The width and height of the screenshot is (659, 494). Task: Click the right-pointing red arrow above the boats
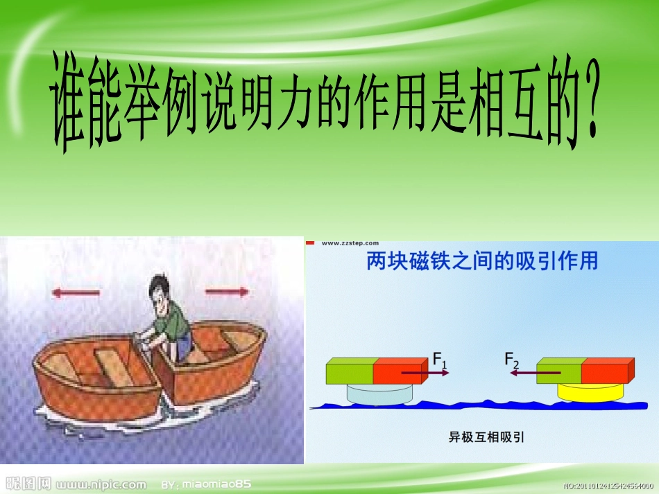tap(226, 292)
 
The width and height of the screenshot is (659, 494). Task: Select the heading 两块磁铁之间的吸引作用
tap(481, 262)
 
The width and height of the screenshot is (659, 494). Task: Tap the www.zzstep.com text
tap(350, 243)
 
